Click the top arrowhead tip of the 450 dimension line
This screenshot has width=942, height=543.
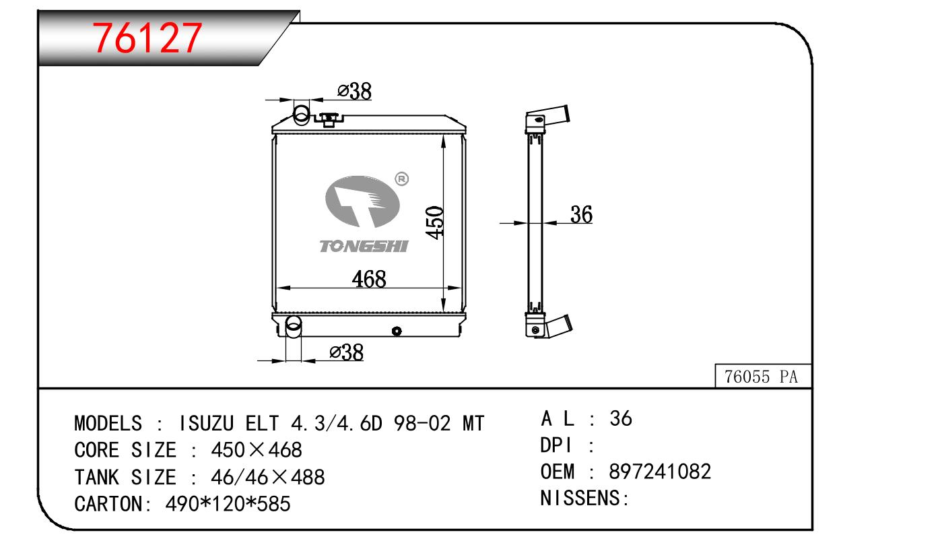[x=443, y=135]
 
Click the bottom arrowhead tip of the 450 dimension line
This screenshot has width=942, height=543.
[x=443, y=312]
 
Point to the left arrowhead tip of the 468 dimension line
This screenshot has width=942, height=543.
[x=276, y=288]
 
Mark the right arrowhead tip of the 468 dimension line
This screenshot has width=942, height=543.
[x=462, y=288]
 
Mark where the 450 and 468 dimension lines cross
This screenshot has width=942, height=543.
[x=443, y=288]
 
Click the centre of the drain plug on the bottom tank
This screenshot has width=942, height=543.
[x=396, y=331]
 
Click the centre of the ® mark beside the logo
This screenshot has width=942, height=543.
[x=401, y=179]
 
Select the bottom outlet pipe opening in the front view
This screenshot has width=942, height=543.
[x=293, y=324]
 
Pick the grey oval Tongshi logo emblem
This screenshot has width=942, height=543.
[x=362, y=201]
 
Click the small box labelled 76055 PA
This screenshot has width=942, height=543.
[x=763, y=376]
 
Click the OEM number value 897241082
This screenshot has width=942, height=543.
[x=660, y=472]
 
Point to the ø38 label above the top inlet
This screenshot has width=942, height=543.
[x=354, y=91]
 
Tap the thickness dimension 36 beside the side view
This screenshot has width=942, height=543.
[x=581, y=214]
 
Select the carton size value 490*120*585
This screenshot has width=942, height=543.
[x=228, y=504]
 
